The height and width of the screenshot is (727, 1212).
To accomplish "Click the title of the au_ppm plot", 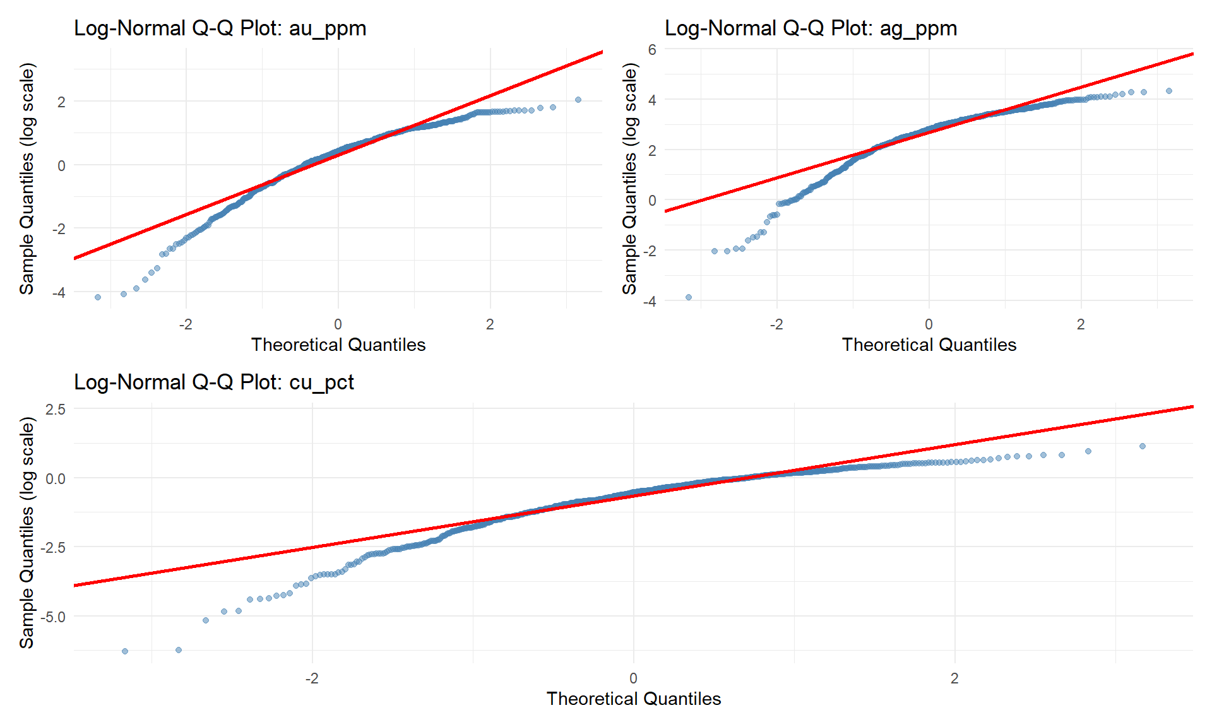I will point(220,28).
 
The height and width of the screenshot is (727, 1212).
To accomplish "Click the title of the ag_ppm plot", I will point(811,28).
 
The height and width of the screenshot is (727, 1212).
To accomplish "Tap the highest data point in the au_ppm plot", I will point(578,100).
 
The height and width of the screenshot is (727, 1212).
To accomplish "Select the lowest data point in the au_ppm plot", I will point(98,297).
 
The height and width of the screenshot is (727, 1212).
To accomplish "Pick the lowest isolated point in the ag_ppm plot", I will point(689,297).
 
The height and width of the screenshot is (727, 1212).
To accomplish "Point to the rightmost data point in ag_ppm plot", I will point(1169,91).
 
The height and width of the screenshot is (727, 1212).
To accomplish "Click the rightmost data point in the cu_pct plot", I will point(1143,446).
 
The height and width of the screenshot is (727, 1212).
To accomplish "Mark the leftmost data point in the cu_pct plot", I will point(125,651).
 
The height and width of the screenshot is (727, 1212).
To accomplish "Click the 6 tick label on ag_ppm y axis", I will point(651,49).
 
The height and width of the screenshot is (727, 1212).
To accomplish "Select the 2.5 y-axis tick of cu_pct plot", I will point(56,409).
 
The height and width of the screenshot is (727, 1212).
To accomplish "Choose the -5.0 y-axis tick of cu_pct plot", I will point(53,617).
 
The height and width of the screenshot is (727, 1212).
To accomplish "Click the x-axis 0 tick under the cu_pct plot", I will point(633,678).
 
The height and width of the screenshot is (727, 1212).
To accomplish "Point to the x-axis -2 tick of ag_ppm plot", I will point(776,324).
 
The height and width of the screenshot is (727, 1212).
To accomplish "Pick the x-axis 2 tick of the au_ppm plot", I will point(490,324).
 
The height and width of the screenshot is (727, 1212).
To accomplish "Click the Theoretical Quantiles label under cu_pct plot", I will point(633,699).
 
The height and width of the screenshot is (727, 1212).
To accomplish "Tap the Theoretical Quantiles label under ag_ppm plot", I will point(929,345).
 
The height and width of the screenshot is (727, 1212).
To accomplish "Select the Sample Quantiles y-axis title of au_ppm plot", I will point(27,179).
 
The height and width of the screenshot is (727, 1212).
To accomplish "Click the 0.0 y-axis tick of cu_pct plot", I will point(56,478).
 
